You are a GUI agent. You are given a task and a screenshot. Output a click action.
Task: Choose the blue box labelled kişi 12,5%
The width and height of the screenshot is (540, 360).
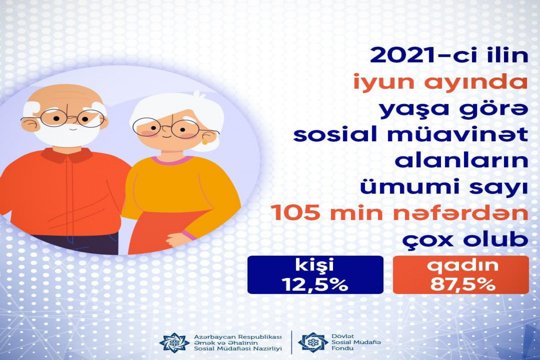pos(315,274)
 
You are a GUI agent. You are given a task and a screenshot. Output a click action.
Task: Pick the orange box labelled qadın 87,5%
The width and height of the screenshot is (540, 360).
pos(461,274)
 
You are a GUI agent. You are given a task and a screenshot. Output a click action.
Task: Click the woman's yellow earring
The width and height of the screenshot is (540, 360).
pos(205,142)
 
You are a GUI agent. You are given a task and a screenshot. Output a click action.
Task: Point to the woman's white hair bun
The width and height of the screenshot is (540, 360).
pos(199,96)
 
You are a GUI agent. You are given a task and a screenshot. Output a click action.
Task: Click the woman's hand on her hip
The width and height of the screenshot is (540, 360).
pos(175,240)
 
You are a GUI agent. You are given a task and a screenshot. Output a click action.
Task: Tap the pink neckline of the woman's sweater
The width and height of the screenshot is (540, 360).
pos(173,160)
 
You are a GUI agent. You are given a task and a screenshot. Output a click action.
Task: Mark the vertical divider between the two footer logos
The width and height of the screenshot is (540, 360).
pos(292,342)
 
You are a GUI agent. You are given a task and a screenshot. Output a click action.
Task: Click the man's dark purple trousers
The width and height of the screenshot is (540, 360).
pos(75,244)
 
